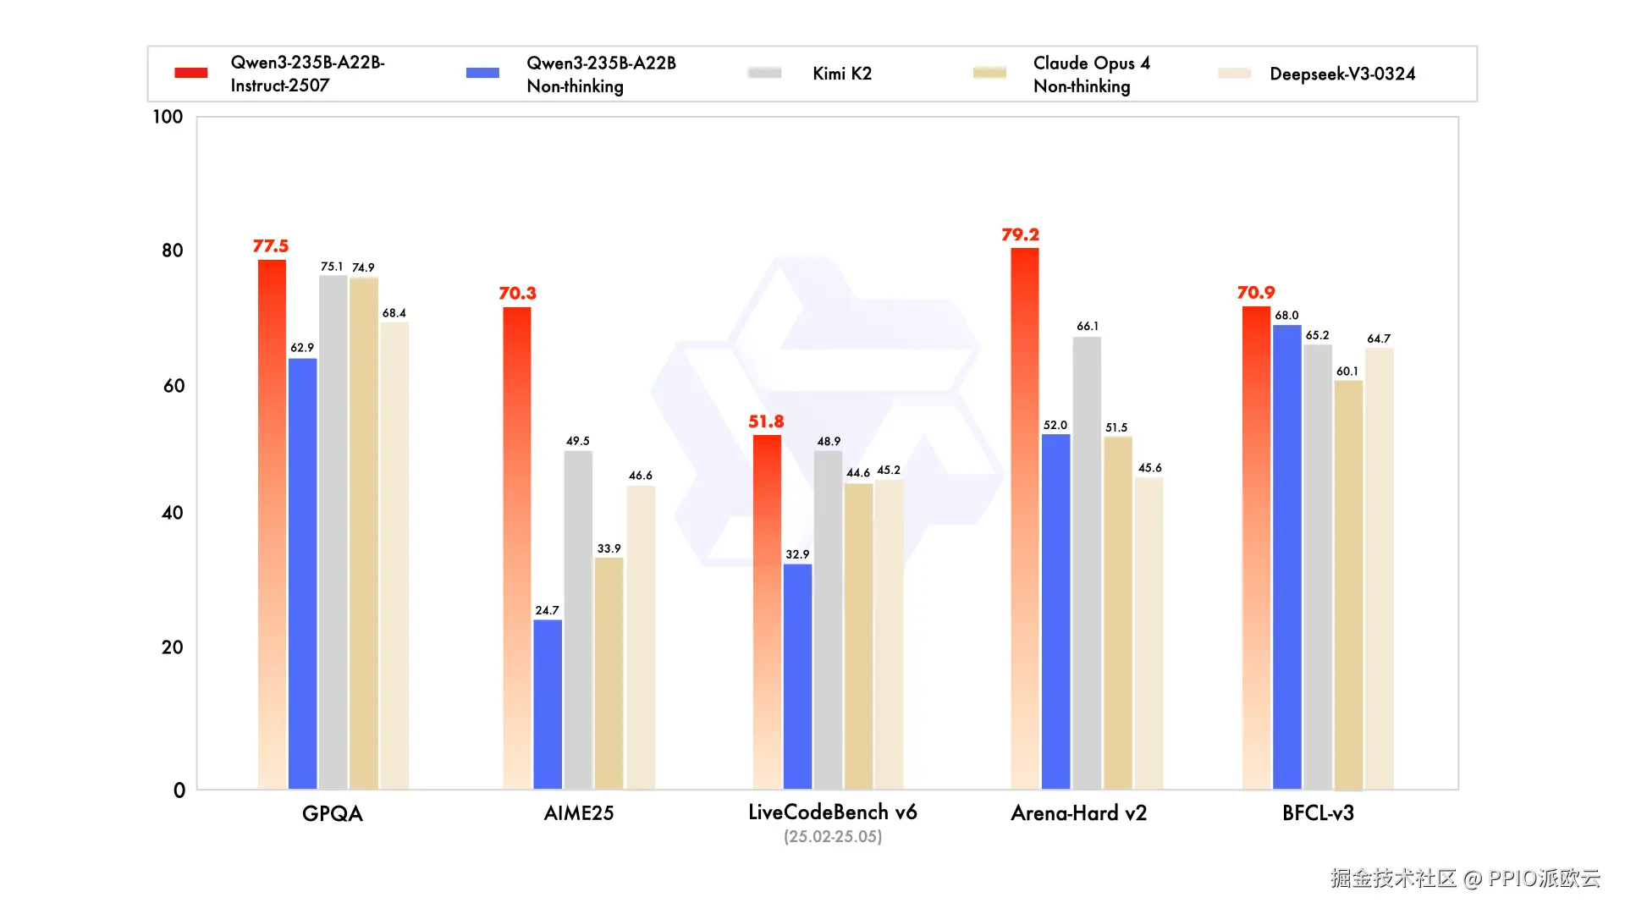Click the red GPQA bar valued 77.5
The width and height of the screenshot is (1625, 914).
[x=272, y=525]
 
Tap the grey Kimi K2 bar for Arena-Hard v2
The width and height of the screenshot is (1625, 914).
[x=1087, y=563]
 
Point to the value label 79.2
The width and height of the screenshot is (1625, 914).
[x=1020, y=234]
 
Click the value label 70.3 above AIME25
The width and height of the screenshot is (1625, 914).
[x=517, y=293]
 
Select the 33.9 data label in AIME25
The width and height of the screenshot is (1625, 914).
[x=609, y=548]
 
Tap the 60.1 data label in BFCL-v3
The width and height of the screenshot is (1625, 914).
[x=1347, y=372]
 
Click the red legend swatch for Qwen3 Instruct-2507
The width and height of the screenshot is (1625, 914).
[x=191, y=73]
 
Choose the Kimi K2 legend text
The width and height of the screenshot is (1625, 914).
[x=841, y=74]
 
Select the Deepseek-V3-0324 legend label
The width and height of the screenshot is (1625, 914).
[x=1342, y=74]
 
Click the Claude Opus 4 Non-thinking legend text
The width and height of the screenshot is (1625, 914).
[x=1091, y=74]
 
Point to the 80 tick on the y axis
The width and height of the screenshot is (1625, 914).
[x=173, y=251]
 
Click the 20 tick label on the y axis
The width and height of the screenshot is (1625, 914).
[x=173, y=647]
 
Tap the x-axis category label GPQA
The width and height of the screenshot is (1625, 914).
[x=333, y=813]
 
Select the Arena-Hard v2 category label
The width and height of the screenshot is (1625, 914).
[x=1078, y=813]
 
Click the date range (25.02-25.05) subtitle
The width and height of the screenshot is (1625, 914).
[x=833, y=836]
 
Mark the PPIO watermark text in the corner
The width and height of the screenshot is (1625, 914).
[x=1465, y=878]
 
